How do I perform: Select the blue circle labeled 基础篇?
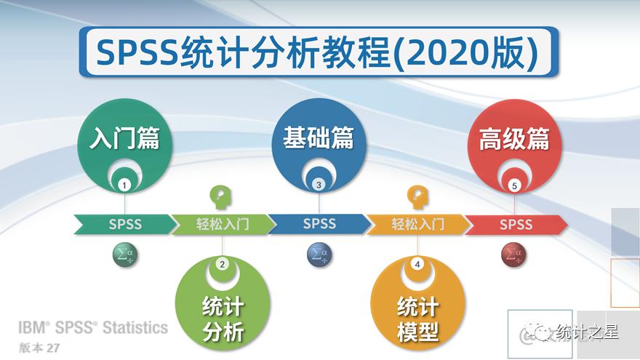pyautogui.click(x=319, y=140)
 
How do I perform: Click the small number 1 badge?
pyautogui.click(x=125, y=185)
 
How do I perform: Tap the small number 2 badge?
pyautogui.click(x=223, y=264)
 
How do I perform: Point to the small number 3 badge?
pyautogui.click(x=319, y=185)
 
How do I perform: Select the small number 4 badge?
pyautogui.click(x=417, y=264)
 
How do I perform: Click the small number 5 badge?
pyautogui.click(x=515, y=185)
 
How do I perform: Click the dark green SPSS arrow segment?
pyautogui.click(x=124, y=224)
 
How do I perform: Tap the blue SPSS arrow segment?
pyautogui.click(x=319, y=224)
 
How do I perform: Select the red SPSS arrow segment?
pyautogui.click(x=516, y=224)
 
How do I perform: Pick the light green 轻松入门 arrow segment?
pyautogui.click(x=223, y=224)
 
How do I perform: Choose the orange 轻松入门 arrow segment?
pyautogui.click(x=417, y=224)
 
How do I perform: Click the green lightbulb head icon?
pyautogui.click(x=221, y=196)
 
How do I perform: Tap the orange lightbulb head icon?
pyautogui.click(x=417, y=196)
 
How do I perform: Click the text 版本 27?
pyautogui.click(x=39, y=348)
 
